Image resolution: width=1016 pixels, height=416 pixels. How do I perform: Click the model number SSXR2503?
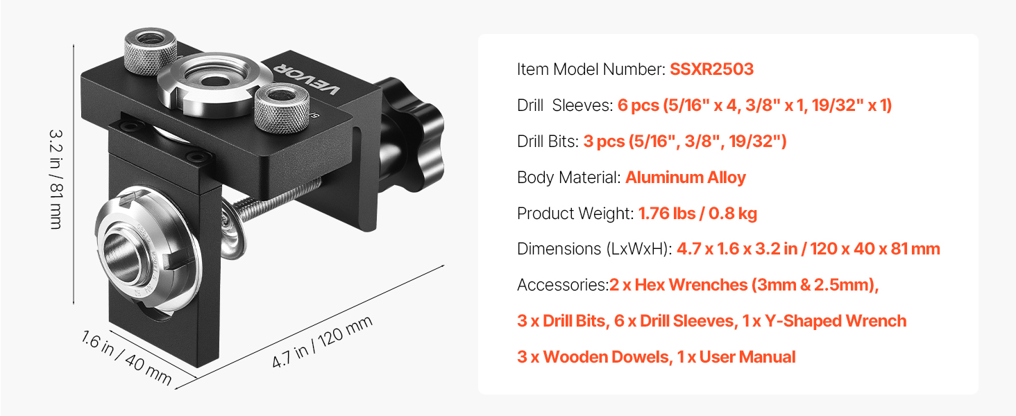[711, 69]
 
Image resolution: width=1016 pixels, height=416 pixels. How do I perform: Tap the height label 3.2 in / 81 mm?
[56, 180]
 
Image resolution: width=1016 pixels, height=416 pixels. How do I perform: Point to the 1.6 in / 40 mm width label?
[126, 358]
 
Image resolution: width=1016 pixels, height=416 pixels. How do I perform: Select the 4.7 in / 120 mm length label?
[322, 341]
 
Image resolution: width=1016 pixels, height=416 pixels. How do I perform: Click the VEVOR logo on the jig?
[307, 77]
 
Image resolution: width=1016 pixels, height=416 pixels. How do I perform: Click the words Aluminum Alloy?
[686, 177]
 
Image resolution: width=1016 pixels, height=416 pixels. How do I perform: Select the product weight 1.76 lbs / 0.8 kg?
[697, 214]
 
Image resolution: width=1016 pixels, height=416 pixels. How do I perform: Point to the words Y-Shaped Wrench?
[836, 321]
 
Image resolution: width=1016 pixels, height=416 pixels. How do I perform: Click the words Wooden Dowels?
[607, 357]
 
